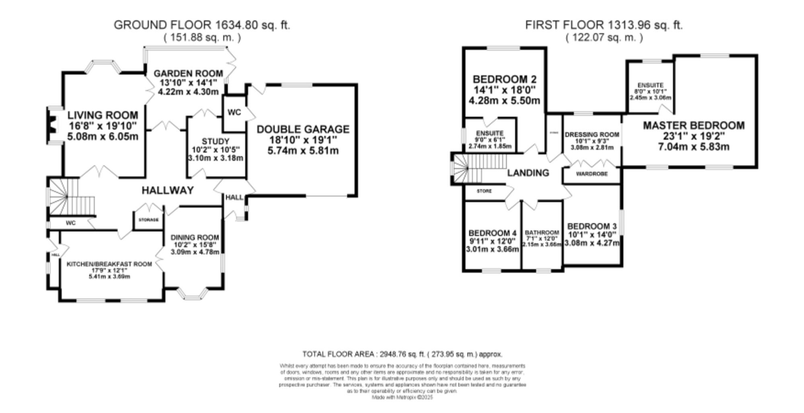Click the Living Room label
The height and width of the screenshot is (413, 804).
103,116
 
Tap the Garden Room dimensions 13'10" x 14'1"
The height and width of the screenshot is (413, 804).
188,83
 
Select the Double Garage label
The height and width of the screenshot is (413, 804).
303,129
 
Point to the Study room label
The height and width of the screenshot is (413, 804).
215,141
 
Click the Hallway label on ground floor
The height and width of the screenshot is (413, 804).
168,190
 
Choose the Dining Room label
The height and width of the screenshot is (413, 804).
195,237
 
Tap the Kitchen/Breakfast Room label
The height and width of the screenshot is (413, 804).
109,264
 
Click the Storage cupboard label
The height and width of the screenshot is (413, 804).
148,220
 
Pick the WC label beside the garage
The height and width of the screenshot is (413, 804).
234,112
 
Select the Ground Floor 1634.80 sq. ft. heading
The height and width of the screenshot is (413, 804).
202,25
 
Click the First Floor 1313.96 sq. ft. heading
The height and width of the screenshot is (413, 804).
604,25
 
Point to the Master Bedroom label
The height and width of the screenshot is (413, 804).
693,125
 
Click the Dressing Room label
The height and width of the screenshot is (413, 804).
592,134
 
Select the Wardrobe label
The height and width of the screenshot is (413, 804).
592,174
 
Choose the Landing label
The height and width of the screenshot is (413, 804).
528,173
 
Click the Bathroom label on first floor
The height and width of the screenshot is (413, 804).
542,232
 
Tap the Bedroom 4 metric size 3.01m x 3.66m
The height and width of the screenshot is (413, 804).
492,249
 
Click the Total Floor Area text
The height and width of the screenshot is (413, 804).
402,354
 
